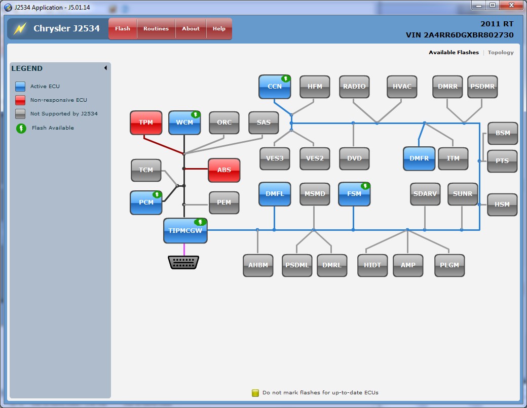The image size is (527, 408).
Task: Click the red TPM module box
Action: [x=146, y=123]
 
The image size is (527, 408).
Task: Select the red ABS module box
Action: [x=224, y=170]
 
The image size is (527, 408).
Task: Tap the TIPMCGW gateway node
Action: [x=185, y=230]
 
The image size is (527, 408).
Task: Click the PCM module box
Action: [x=146, y=202]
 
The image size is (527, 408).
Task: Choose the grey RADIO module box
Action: [x=354, y=87]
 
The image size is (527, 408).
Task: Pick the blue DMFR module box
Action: [x=419, y=158]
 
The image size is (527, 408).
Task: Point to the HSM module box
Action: [x=502, y=205]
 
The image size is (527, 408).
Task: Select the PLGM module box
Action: [x=449, y=265]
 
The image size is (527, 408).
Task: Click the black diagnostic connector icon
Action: [x=183, y=262]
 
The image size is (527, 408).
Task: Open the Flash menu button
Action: [x=123, y=29]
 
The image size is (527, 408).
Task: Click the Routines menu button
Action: [x=156, y=29]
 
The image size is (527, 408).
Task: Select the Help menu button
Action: [x=219, y=29]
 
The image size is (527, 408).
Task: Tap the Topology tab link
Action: [x=501, y=53]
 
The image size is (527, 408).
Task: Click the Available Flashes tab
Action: [x=454, y=53]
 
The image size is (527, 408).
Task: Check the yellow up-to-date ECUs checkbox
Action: [x=255, y=393]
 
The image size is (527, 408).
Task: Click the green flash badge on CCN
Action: [x=286, y=79]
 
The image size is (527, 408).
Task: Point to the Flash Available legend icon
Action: [x=21, y=128]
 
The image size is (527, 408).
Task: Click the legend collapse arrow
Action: [x=105, y=68]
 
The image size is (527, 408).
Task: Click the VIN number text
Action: [x=460, y=35]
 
